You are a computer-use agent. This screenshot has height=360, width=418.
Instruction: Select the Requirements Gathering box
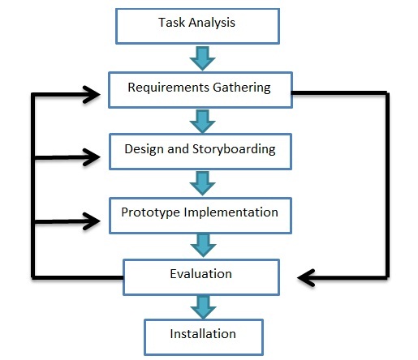tap(200, 87)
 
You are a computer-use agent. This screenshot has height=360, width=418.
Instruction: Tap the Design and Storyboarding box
tap(200, 150)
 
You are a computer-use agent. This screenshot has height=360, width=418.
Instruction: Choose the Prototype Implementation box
tap(200, 213)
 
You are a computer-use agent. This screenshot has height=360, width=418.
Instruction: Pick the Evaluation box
tap(201, 275)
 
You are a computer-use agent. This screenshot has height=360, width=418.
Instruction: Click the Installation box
tap(203, 334)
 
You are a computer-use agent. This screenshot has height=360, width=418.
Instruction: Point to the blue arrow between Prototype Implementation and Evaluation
tap(200, 244)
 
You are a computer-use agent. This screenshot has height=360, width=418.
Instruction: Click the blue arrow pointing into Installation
tap(201, 305)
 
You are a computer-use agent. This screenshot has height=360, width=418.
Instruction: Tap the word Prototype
tap(149, 213)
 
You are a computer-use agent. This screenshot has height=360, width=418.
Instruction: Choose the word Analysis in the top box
tap(213, 23)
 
